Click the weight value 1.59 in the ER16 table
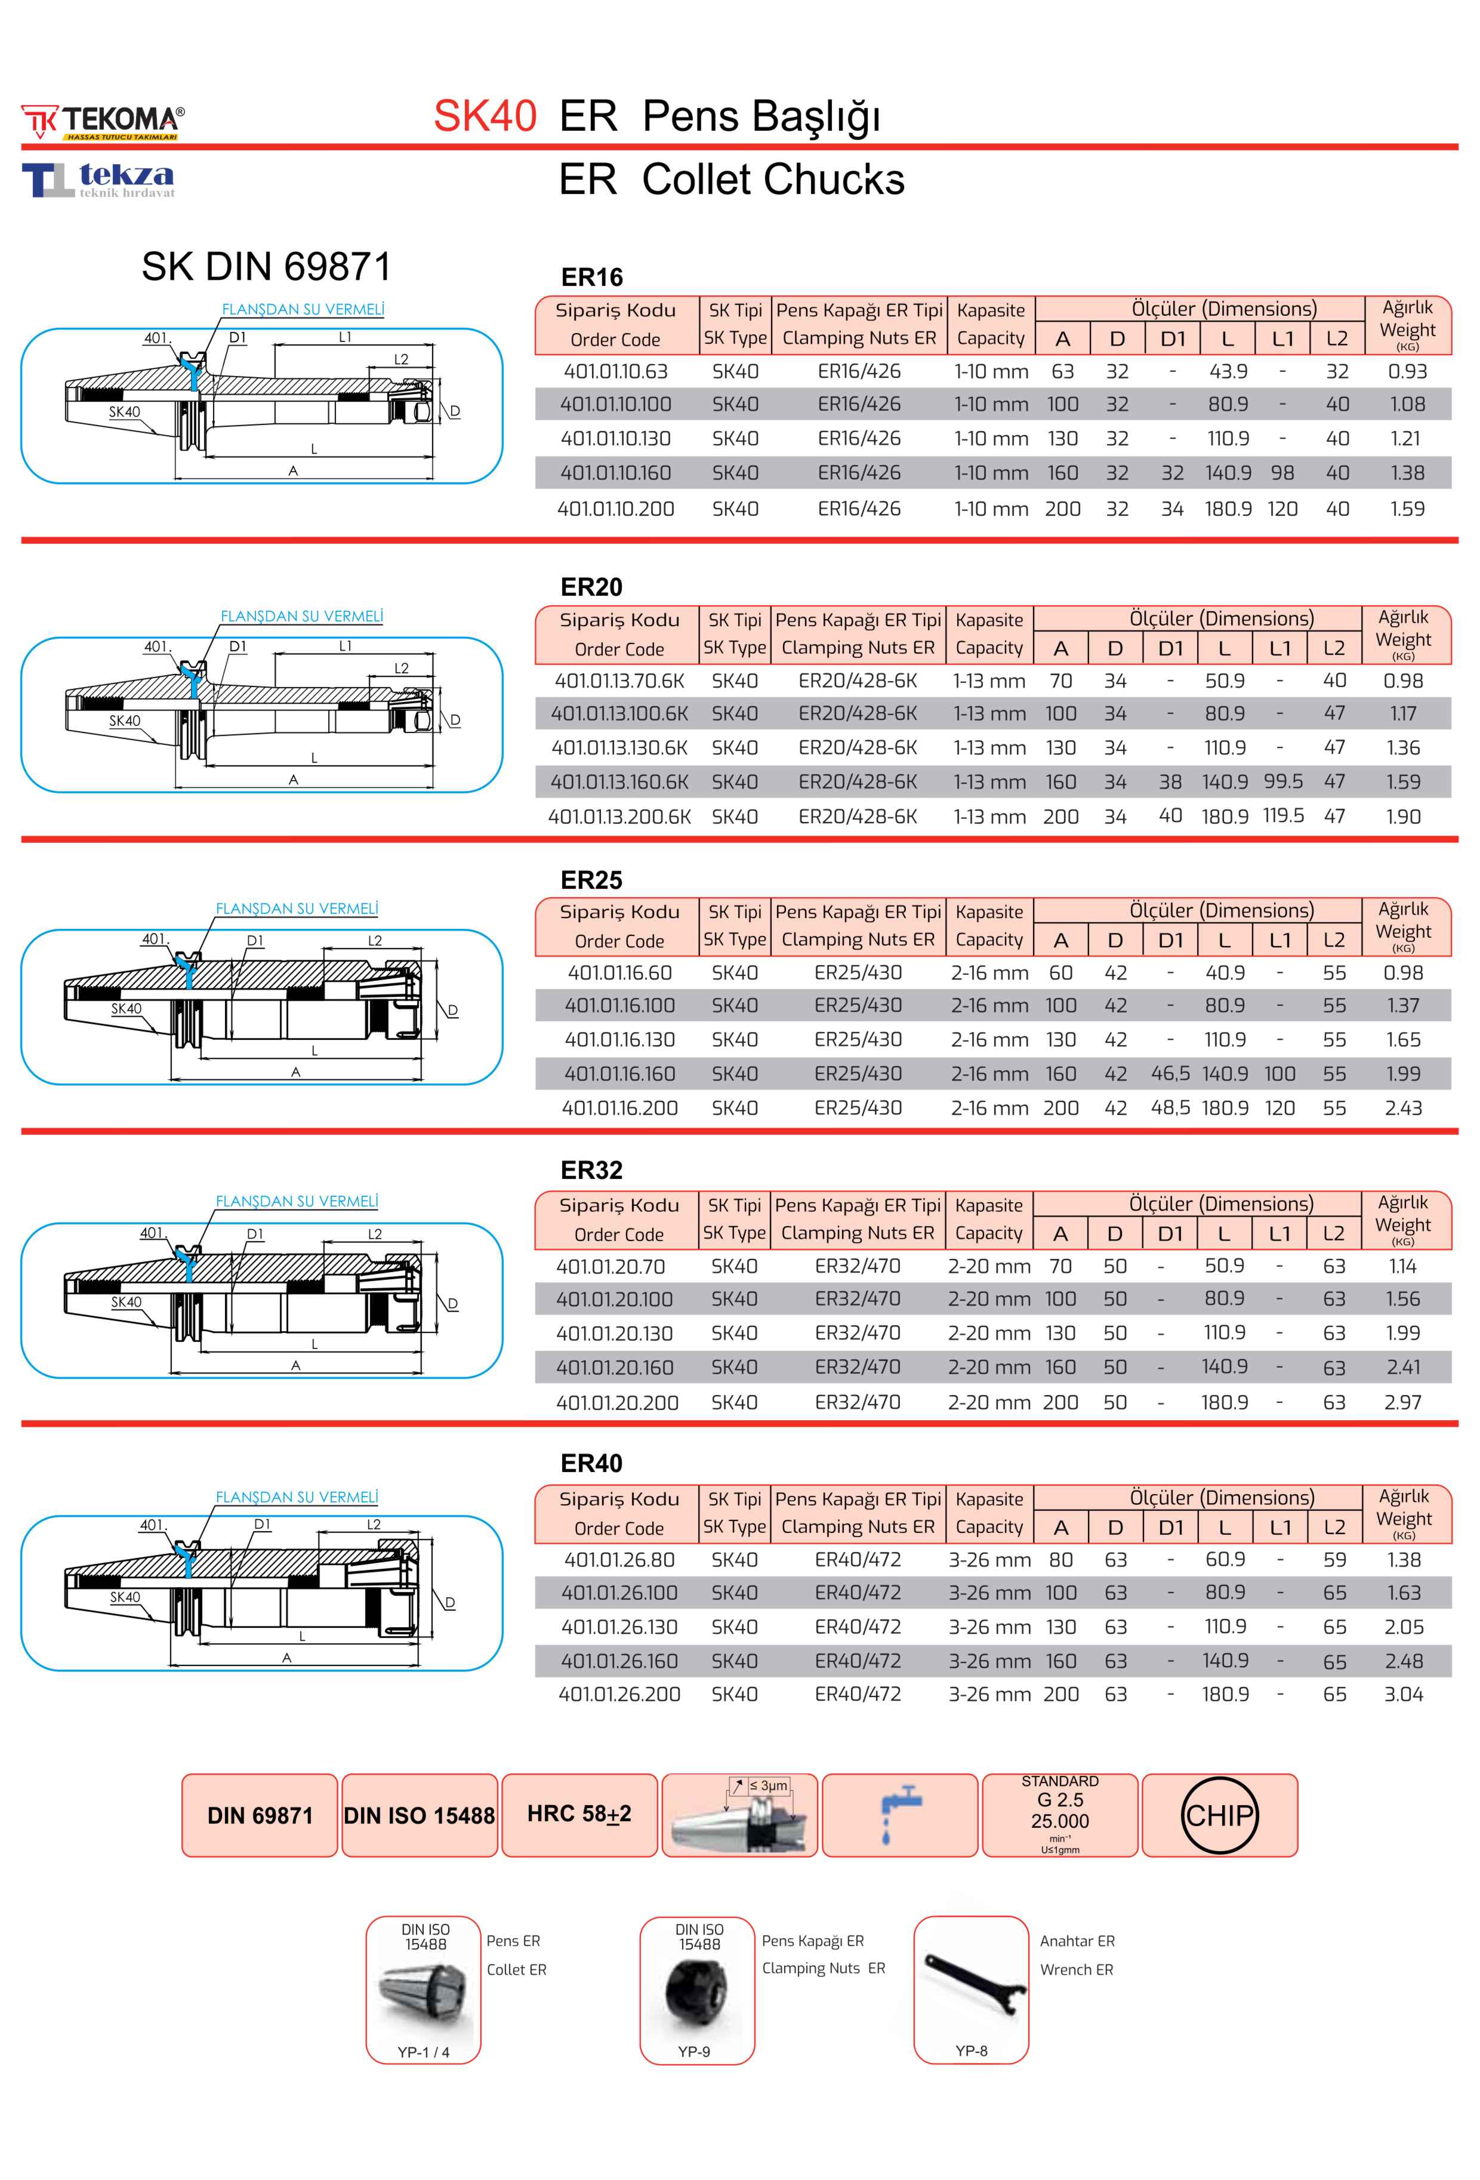point(1407,509)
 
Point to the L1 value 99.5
point(1282,781)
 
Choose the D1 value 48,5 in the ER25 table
point(1170,1108)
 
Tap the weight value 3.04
point(1403,1694)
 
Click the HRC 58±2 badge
point(579,1814)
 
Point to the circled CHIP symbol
point(1219,1815)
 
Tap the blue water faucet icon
point(899,1815)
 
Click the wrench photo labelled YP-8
point(971,1988)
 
